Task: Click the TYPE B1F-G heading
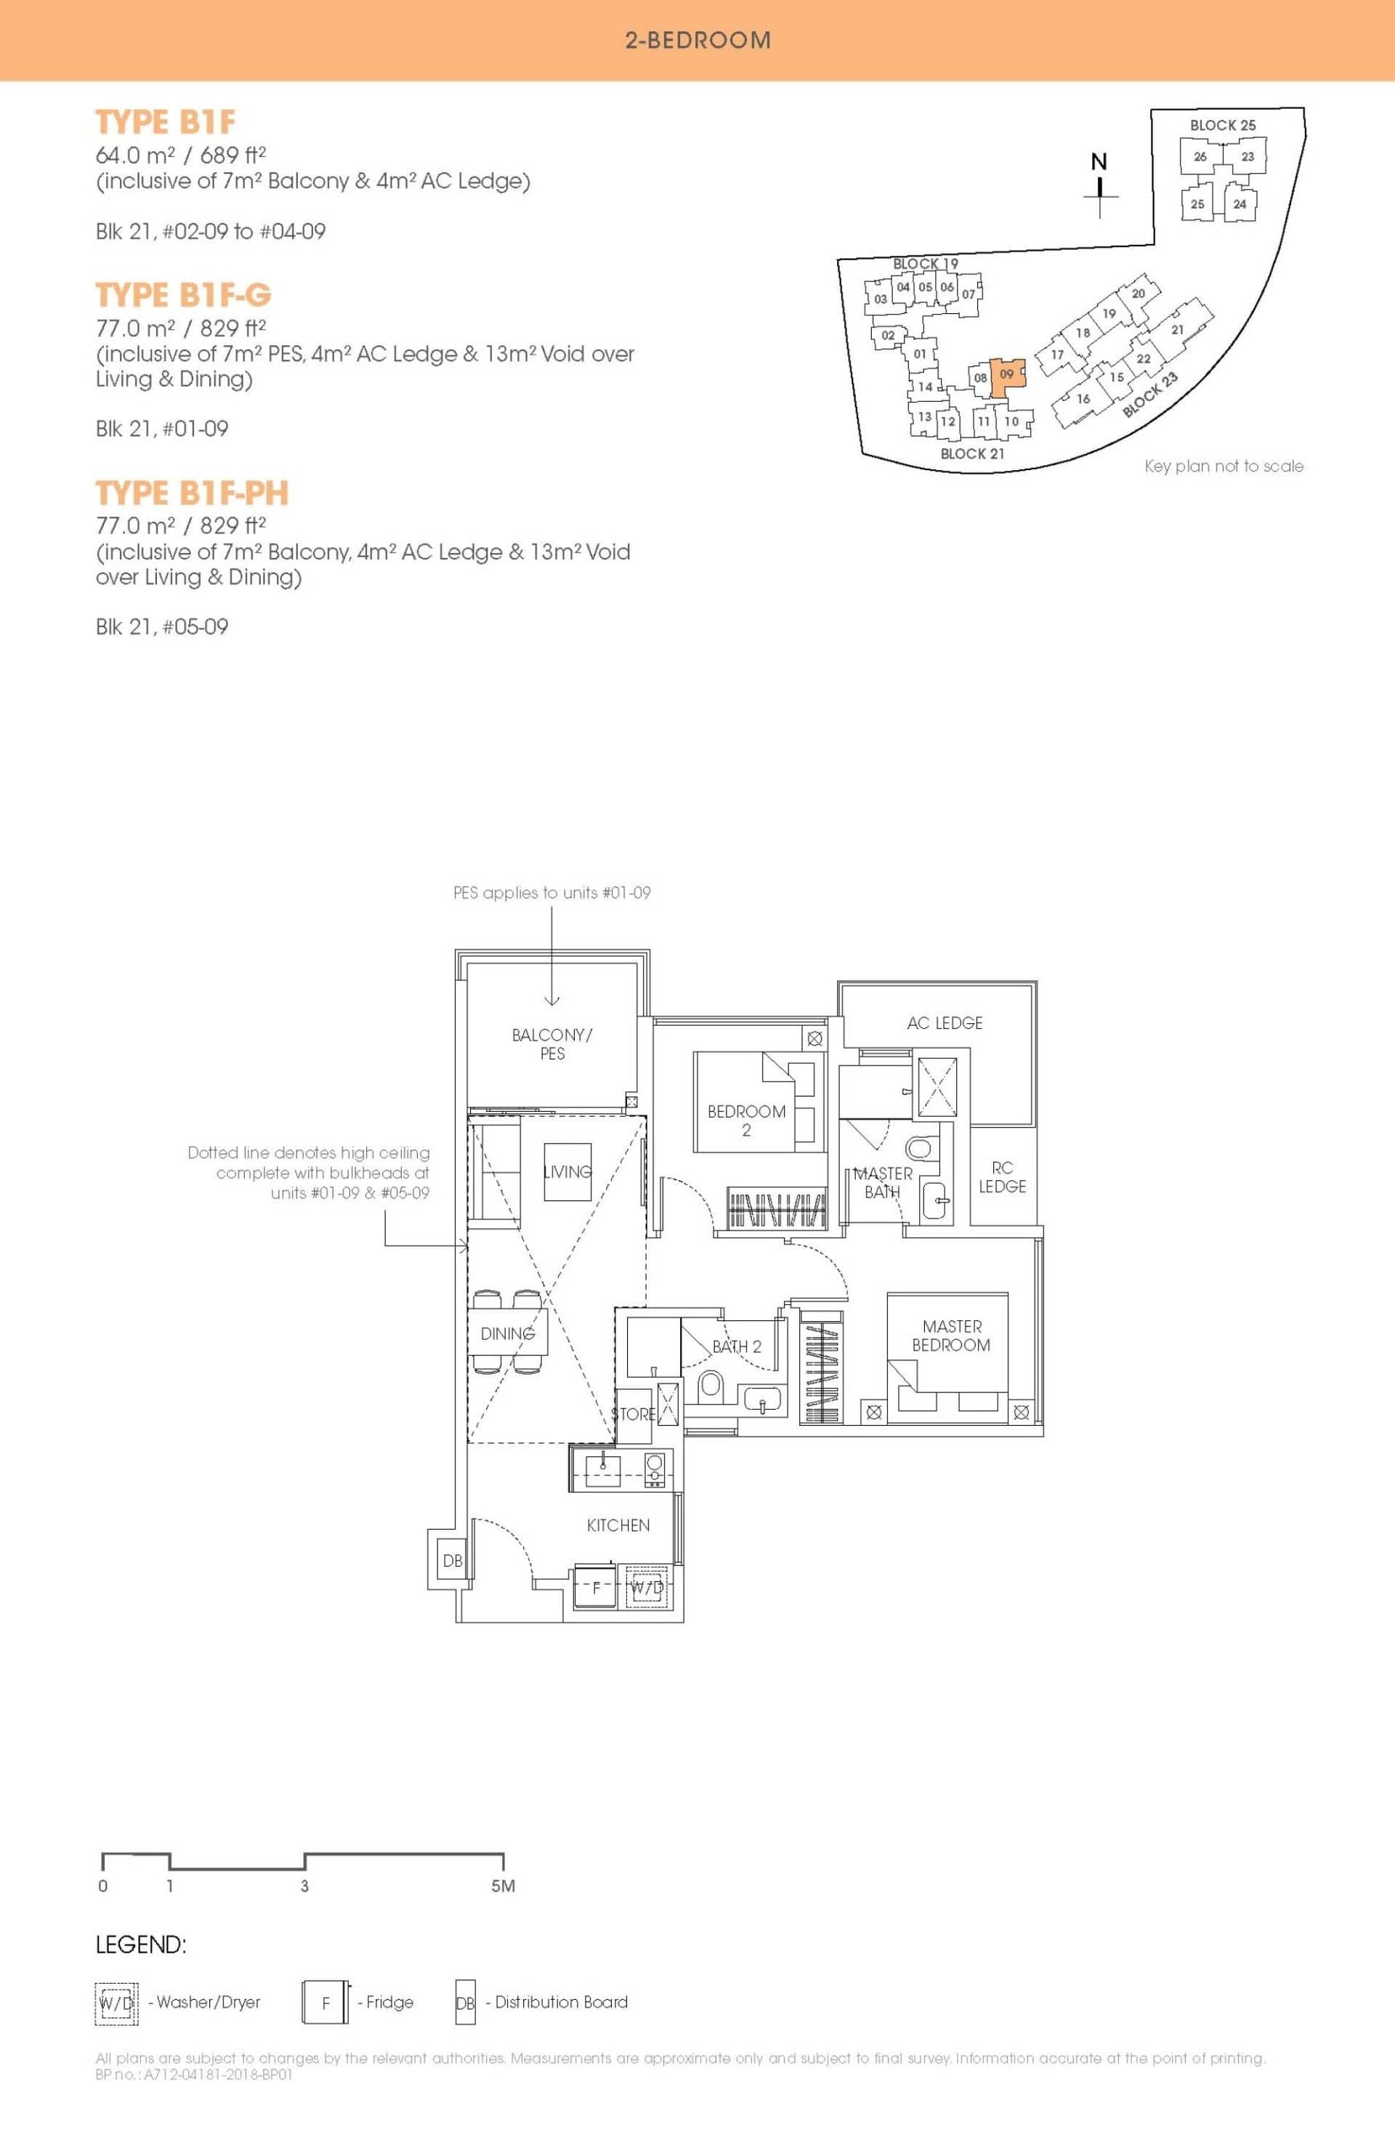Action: point(183,295)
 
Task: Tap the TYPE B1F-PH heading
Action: point(192,493)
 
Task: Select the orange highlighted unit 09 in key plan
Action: point(1007,377)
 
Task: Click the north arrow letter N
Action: point(1099,161)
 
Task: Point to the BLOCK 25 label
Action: point(1223,125)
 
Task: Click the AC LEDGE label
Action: point(945,1022)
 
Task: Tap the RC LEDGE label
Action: point(1002,1176)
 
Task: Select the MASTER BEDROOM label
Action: point(951,1336)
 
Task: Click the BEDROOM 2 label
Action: point(746,1121)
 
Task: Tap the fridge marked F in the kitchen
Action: point(595,1587)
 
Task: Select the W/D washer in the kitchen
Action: point(647,1587)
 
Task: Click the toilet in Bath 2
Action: point(710,1384)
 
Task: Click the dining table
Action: point(508,1333)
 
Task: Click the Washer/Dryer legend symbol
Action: point(116,2002)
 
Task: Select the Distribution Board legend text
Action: point(561,2002)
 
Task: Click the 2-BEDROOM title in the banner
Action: point(697,40)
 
